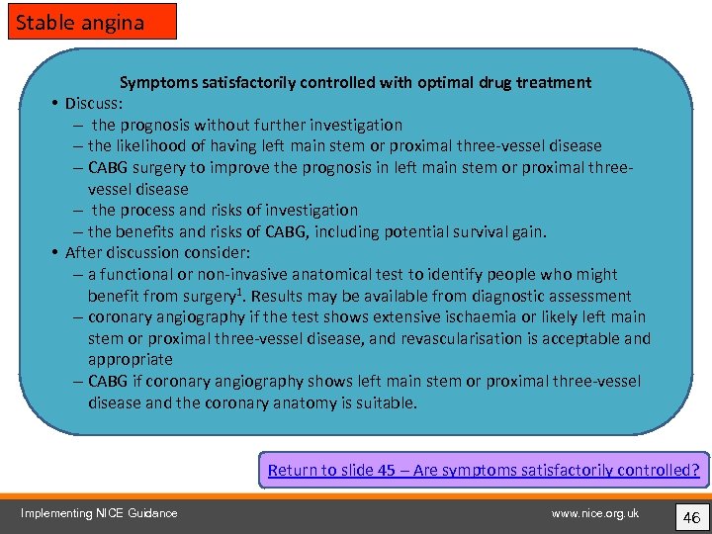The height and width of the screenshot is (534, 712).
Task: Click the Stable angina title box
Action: click(93, 21)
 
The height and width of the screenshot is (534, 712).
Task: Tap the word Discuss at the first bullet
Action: click(98, 103)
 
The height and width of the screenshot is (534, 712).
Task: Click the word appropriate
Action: click(130, 360)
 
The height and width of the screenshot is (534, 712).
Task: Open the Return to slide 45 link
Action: click(484, 470)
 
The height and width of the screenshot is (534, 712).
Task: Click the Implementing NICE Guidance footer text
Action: click(99, 512)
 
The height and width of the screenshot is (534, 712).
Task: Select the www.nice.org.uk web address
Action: click(595, 512)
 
